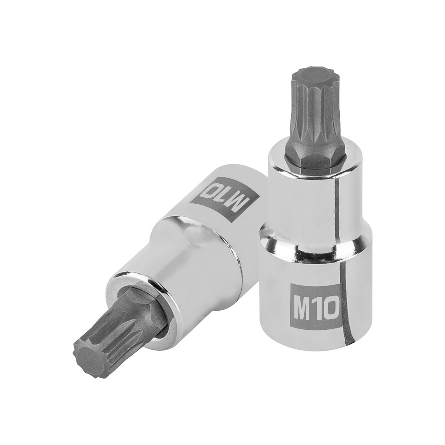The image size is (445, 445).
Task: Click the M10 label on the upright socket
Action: [x=315, y=307]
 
